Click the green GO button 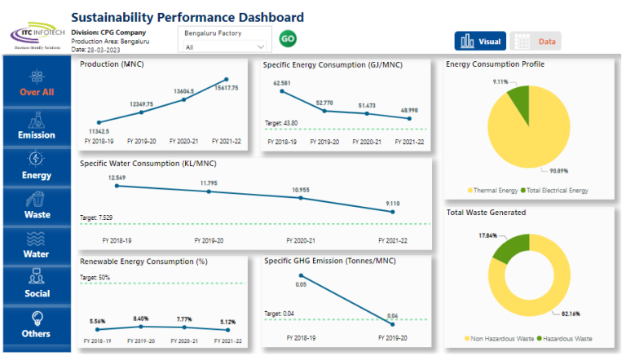pos(288,38)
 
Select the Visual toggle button pos(481,41)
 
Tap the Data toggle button pos(536,41)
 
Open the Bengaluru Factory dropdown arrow pos(261,47)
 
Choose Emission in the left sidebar pos(37,126)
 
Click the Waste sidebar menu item pos(37,206)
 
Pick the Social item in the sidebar pos(37,284)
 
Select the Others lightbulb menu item pos(37,324)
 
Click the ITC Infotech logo pos(35,35)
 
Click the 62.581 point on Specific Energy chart pos(283,93)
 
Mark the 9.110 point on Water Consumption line pos(393,213)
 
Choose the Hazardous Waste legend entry pos(566,338)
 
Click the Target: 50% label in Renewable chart pos(96,277)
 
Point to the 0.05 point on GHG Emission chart pos(302,277)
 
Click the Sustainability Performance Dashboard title pos(187,17)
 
